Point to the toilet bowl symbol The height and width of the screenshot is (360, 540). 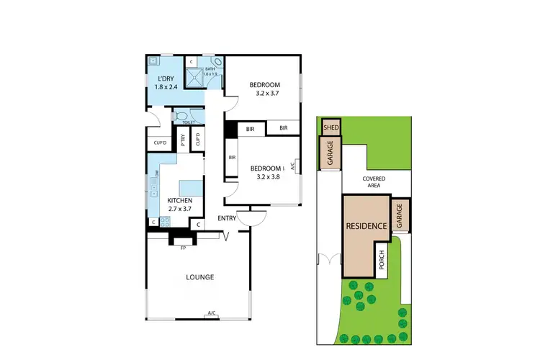pos(181,115)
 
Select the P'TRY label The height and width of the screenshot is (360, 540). pos(184,141)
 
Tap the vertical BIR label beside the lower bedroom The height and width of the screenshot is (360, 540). pos(232,157)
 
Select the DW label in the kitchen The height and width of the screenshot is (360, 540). pos(157,174)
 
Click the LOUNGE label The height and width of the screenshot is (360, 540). pos(199,277)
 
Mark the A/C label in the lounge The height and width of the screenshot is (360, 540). pos(212,312)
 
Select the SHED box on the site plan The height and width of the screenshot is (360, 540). pos(331,128)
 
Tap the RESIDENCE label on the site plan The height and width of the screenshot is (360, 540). pos(367,225)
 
